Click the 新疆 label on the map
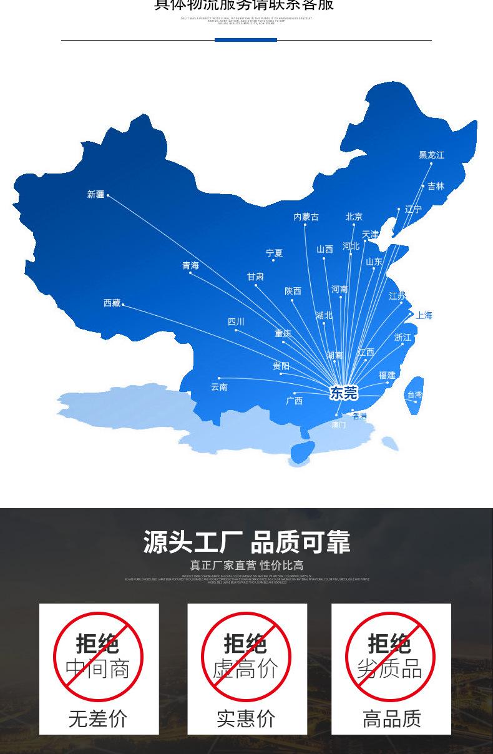tap(95, 195)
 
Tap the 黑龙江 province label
tap(431, 155)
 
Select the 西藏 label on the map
tap(112, 303)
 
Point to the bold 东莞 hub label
tap(343, 393)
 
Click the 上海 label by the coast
tap(424, 315)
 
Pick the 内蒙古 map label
tap(306, 217)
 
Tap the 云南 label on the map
tap(219, 387)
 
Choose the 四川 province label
tap(236, 321)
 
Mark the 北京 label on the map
tap(354, 217)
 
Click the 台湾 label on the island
tap(414, 394)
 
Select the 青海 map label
tap(190, 265)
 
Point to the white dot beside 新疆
tap(108, 195)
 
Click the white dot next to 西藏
tap(123, 305)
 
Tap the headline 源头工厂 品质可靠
tap(246, 542)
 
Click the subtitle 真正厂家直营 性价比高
tap(246, 565)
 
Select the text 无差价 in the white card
tap(98, 718)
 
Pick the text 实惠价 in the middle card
tap(246, 718)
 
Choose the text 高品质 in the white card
tap(392, 718)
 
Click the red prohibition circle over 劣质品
tap(390, 657)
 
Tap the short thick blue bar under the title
tap(245, 40)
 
